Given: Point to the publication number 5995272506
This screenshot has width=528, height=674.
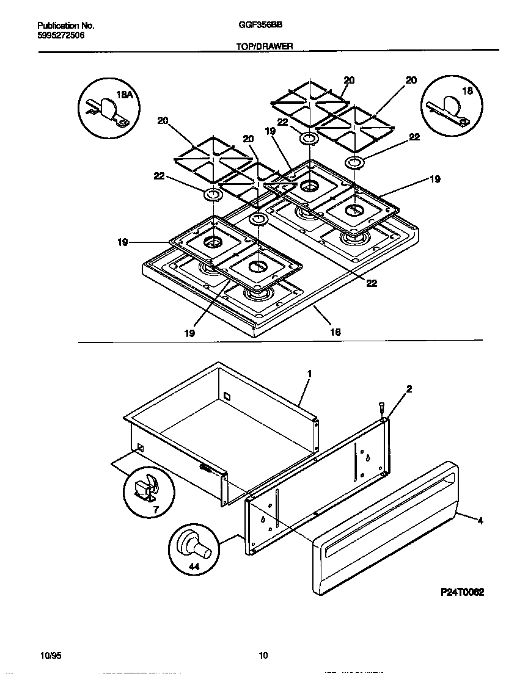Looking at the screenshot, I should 61,35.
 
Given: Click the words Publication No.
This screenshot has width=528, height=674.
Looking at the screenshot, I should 66,26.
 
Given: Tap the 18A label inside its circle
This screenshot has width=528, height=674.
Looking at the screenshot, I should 124,95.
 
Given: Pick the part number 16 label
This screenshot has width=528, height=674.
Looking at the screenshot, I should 335,332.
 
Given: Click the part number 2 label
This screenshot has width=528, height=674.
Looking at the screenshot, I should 409,388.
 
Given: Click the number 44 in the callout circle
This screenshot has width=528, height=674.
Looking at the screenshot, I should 195,567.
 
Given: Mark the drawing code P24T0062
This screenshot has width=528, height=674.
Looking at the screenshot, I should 461,592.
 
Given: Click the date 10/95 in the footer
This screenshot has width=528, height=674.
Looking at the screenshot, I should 50,656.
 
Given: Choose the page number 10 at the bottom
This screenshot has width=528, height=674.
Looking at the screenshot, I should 263,656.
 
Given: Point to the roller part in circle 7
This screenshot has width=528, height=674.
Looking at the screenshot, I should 146,488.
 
